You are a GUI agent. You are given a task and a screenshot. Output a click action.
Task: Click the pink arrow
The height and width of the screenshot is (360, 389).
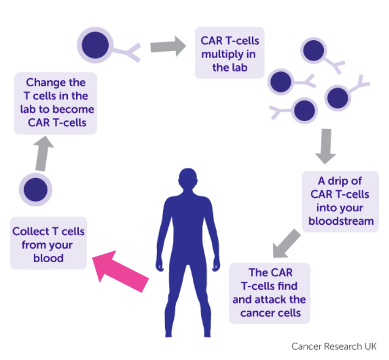[x=120, y=271]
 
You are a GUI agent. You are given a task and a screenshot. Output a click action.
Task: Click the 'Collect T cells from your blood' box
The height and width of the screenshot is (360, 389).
[x=49, y=243]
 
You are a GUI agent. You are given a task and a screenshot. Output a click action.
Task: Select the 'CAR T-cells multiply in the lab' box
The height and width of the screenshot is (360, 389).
[x=230, y=53]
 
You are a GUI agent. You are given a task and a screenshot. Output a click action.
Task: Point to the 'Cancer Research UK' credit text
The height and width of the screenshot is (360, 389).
[x=334, y=346]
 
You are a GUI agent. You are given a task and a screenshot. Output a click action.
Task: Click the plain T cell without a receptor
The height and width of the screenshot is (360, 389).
[x=35, y=190]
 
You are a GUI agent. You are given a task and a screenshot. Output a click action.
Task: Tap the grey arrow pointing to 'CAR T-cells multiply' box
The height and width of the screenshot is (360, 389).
[x=168, y=46]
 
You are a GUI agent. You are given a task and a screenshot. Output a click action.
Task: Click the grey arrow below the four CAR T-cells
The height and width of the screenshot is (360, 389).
[x=325, y=146]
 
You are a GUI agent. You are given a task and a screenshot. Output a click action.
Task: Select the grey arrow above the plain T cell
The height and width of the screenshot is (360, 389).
[x=43, y=154]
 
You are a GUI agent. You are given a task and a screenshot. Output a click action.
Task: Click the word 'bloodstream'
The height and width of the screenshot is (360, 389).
[x=341, y=221]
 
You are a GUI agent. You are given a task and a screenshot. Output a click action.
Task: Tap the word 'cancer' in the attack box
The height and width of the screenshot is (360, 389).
[x=255, y=313]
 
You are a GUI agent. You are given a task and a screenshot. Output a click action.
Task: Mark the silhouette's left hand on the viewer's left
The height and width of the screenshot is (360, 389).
[x=160, y=266]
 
